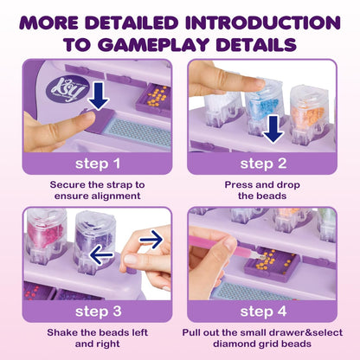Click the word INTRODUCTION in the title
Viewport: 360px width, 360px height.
click(263, 22)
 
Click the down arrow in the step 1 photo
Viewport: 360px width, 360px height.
click(99, 96)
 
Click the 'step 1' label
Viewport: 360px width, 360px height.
click(98, 164)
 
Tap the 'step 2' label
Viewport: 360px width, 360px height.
click(263, 164)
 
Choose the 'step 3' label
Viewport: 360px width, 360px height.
click(98, 312)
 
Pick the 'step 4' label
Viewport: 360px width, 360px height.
click(263, 312)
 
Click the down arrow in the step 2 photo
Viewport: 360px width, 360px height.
click(273, 129)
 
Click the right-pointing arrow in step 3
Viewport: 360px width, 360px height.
click(151, 240)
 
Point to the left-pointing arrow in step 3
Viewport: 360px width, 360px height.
click(101, 254)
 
